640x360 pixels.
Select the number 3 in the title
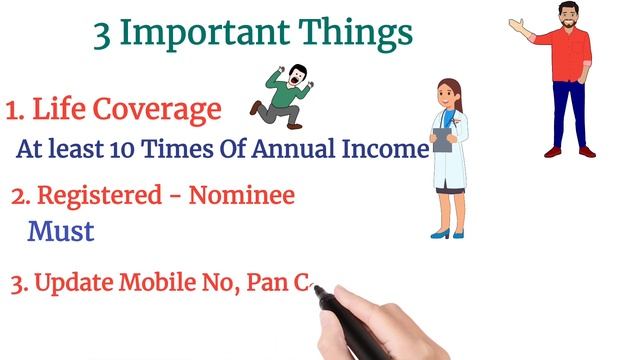(x=103, y=33)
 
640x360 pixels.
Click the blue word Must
(x=61, y=232)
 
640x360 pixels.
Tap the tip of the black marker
(x=318, y=290)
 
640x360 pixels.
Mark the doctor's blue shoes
(x=447, y=234)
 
